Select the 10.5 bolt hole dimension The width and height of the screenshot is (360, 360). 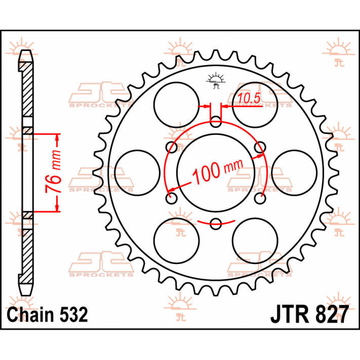(x=249, y=98)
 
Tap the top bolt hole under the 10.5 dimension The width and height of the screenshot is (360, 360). (x=216, y=122)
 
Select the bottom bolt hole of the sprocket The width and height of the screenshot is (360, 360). (x=216, y=223)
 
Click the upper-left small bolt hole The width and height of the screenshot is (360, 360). (x=172, y=147)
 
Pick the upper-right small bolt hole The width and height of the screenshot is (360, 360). (x=260, y=147)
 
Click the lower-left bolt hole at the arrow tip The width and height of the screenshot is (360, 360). (x=172, y=198)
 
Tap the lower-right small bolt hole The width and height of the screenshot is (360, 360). (x=260, y=198)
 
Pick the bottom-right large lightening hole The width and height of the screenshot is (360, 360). (x=255, y=240)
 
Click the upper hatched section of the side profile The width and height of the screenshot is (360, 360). (x=28, y=90)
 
